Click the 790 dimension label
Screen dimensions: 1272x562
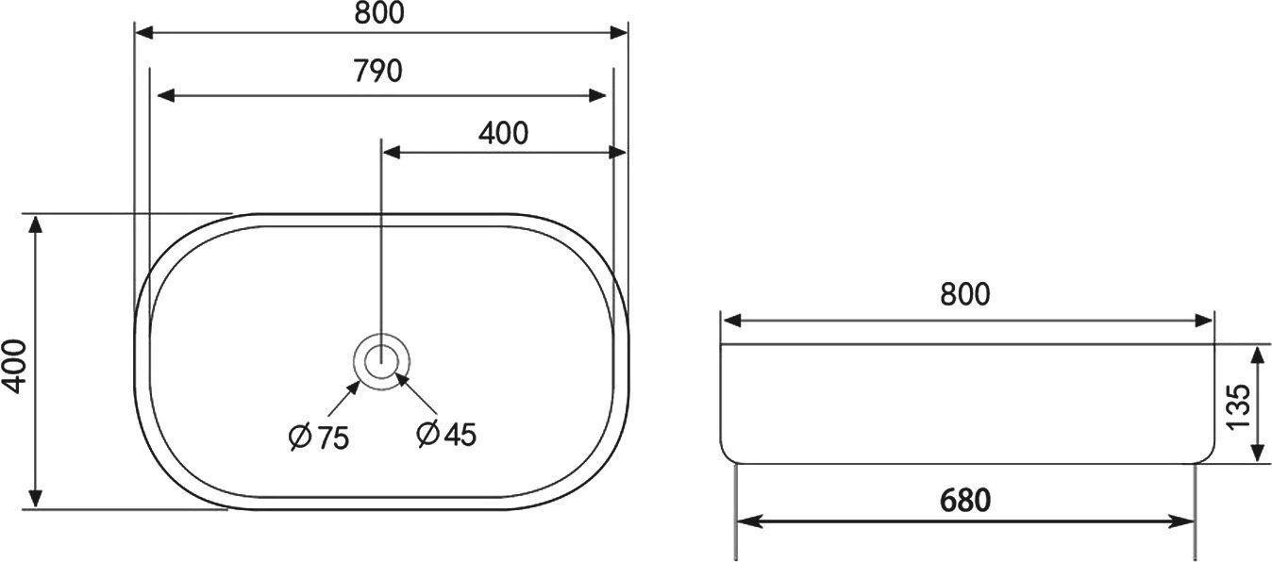[377, 71]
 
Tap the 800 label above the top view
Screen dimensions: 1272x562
[379, 13]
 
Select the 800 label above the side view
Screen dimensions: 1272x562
[964, 294]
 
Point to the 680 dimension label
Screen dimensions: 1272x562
[965, 501]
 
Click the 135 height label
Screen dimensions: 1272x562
[1238, 406]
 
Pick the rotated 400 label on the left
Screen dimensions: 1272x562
[14, 366]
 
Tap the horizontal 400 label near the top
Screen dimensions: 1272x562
[503, 134]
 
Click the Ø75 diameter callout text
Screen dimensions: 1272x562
[319, 438]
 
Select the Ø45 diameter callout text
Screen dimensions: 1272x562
[446, 435]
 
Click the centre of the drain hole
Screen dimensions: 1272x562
[380, 361]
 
